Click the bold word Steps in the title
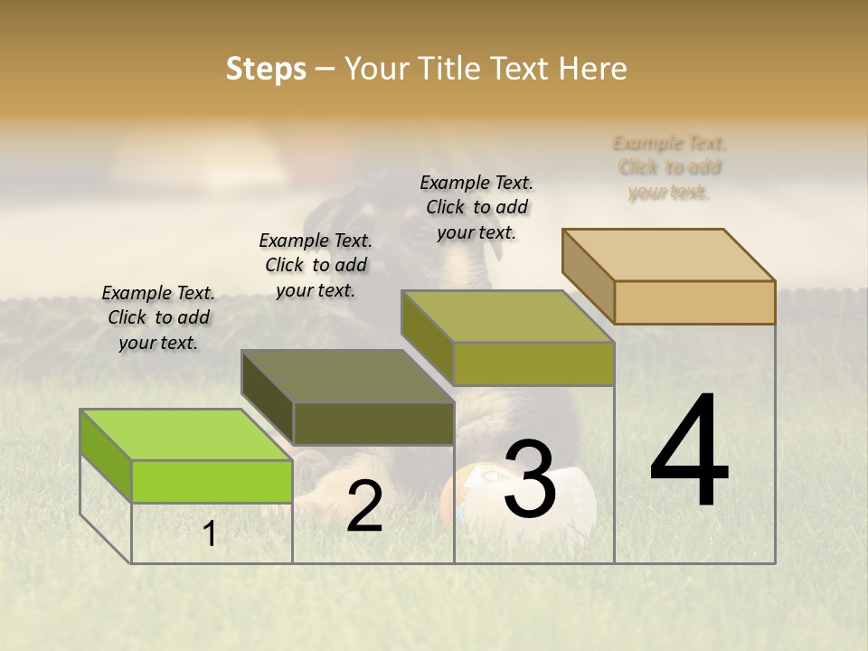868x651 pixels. [266, 69]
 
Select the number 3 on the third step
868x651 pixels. [529, 479]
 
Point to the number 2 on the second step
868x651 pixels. [364, 507]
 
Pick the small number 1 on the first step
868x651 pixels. [210, 534]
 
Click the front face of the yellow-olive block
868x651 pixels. [533, 364]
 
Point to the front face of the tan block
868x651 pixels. [694, 302]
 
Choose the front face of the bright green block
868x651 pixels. [212, 481]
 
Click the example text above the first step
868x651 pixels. [158, 317]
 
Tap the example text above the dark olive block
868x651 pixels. [316, 265]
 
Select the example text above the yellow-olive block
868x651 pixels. [476, 207]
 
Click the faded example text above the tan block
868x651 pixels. [670, 167]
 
